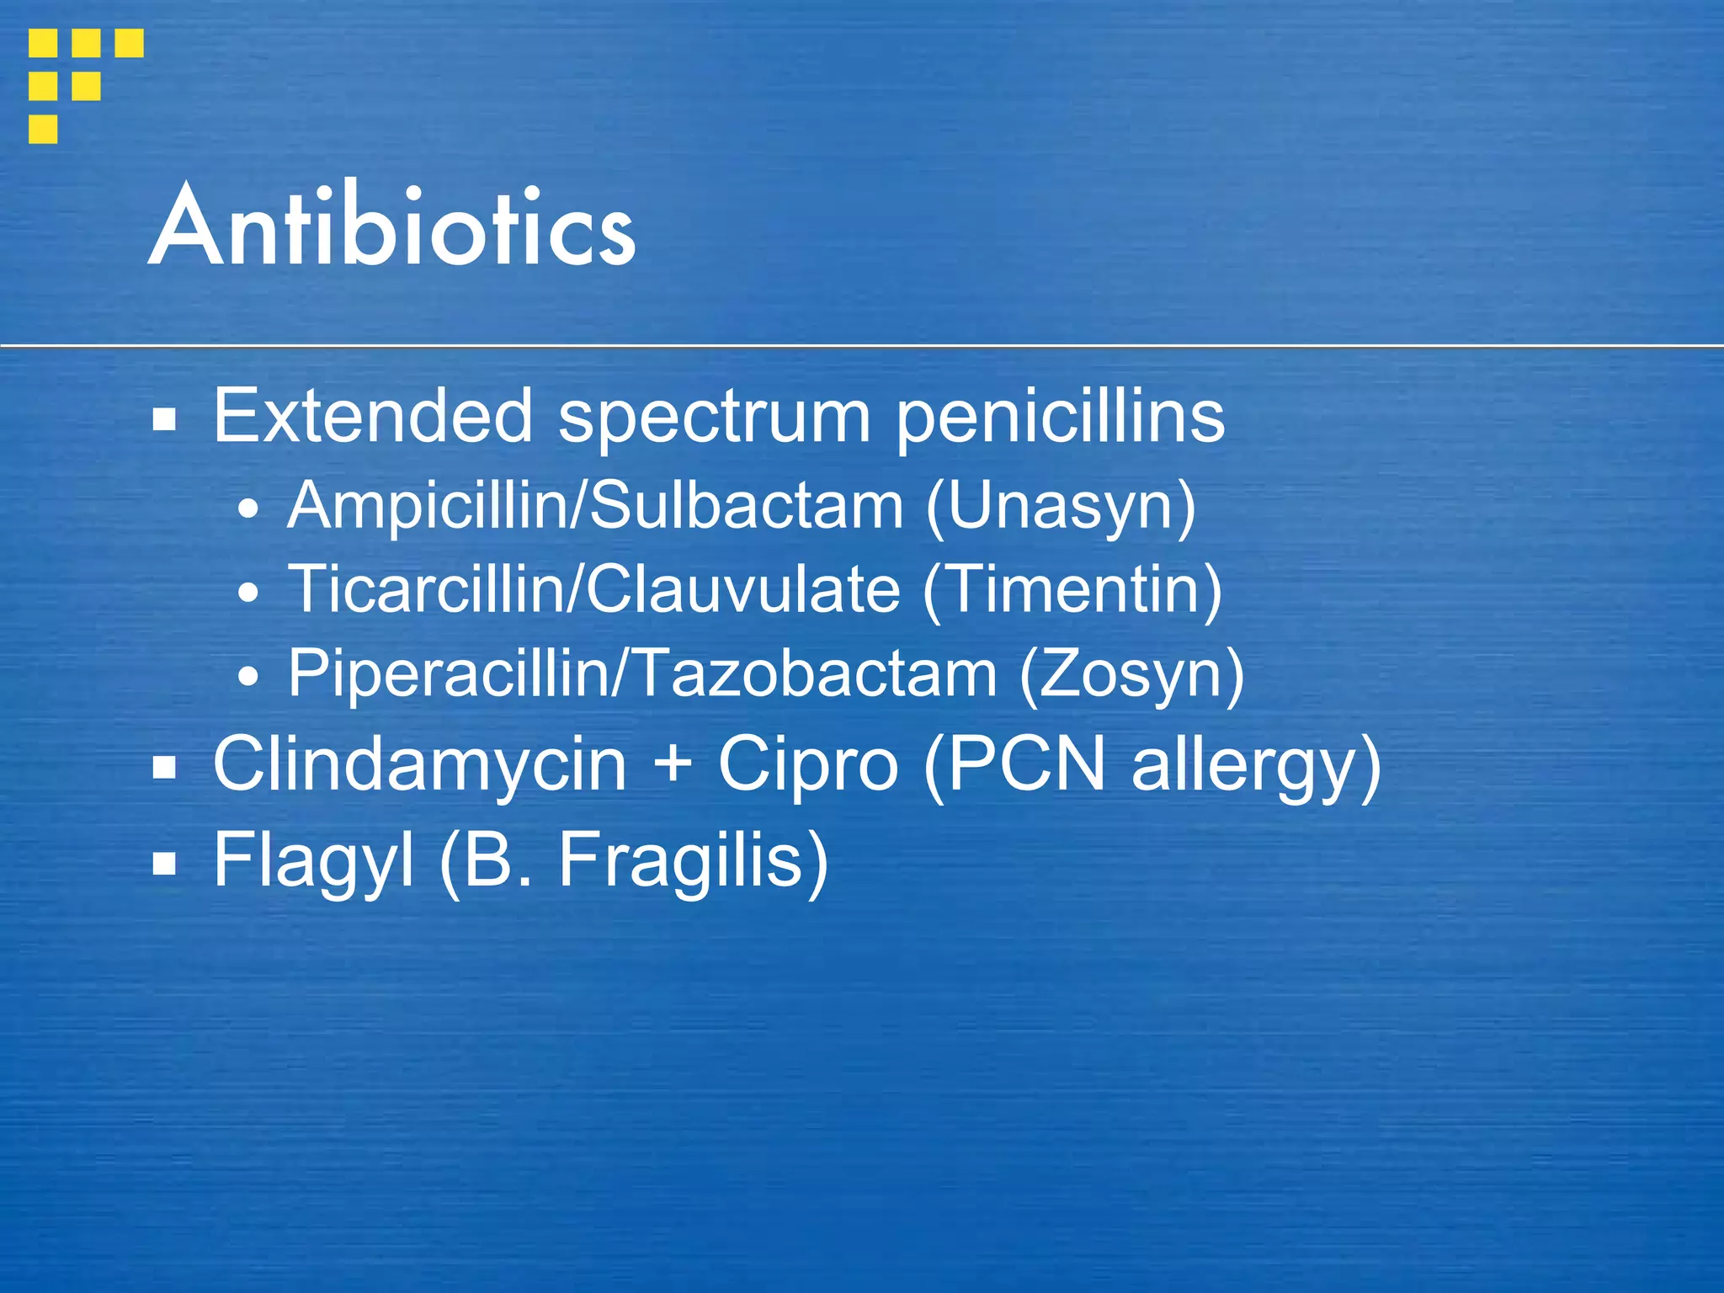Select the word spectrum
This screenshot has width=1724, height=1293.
coord(715,418)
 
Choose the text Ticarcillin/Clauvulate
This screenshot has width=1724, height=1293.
coord(594,588)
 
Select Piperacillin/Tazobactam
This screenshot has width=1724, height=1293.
coord(642,673)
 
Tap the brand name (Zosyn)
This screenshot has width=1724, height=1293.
coord(1131,674)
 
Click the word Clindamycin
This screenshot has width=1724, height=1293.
coord(419,764)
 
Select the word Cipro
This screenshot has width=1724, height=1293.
coord(807,765)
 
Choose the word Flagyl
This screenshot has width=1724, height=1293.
coord(312,860)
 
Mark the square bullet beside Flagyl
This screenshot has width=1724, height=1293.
coord(164,864)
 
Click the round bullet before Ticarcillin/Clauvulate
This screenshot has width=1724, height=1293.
coord(248,593)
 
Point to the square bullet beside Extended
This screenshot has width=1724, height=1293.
coord(164,418)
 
